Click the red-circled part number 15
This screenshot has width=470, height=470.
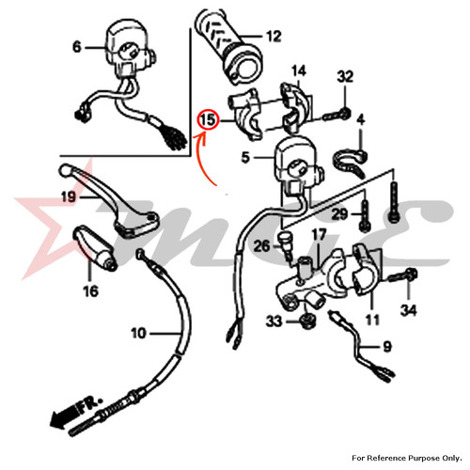(x=208, y=120)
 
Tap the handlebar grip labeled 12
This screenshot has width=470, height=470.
(x=228, y=46)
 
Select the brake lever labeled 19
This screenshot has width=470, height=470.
(x=109, y=199)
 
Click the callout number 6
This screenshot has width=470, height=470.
(x=77, y=47)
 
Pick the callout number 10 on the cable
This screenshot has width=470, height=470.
(x=138, y=333)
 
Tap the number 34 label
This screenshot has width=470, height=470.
(x=408, y=310)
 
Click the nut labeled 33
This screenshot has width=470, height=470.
(x=306, y=321)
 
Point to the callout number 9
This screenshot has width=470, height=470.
(x=387, y=347)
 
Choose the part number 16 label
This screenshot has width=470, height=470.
(x=90, y=290)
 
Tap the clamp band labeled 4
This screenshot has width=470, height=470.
(x=351, y=163)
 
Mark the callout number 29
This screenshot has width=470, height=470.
(x=339, y=214)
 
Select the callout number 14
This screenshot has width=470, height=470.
(x=299, y=71)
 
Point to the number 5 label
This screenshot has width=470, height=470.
(x=245, y=157)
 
